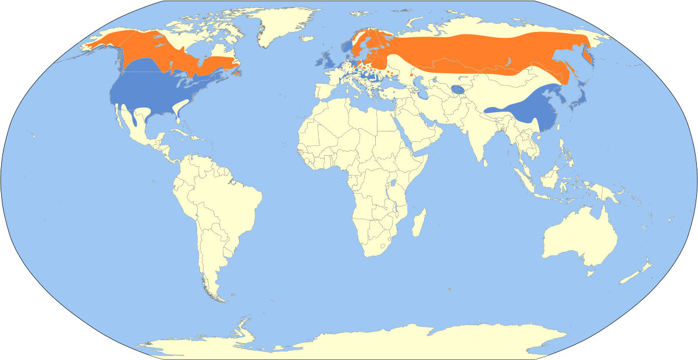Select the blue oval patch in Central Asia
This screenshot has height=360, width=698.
(x=458, y=90)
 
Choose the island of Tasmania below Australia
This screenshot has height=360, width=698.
(x=591, y=272)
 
